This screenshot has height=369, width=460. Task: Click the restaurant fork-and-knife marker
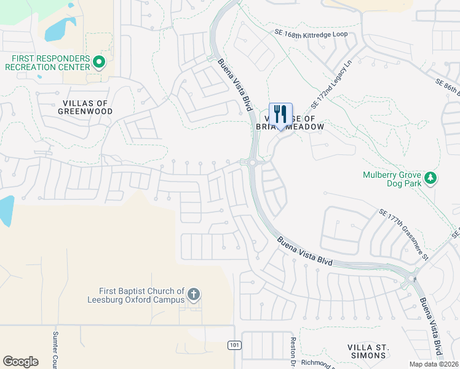tap(280, 114)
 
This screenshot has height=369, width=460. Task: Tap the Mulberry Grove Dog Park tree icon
tap(432, 178)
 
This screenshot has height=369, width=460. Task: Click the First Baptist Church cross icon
tap(193, 295)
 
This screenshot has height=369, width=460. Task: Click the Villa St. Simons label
tap(367, 351)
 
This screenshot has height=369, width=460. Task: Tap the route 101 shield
tap(234, 345)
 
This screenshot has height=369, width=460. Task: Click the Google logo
tap(20, 362)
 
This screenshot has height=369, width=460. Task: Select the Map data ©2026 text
tap(434, 364)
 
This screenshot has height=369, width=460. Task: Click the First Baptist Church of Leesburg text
tap(141, 295)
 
